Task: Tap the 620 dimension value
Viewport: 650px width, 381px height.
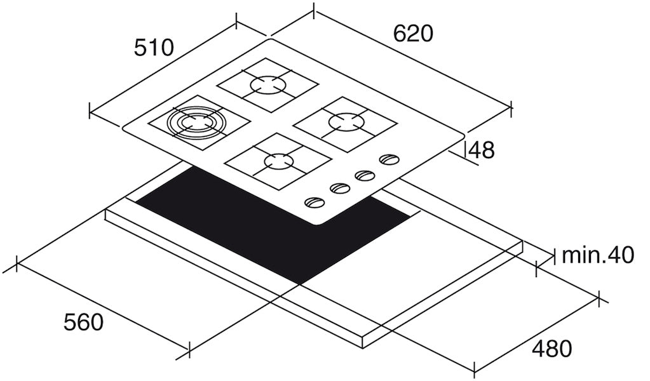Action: coord(413,33)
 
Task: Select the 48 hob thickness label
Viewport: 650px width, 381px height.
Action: coord(482,150)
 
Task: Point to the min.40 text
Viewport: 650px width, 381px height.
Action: coord(597,255)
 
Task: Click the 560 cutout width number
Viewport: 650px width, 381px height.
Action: coord(83,322)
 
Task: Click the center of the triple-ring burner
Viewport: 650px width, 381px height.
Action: coord(196,122)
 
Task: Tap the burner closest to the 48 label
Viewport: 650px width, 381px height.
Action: coord(346,121)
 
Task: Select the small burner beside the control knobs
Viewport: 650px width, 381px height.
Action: coord(278,161)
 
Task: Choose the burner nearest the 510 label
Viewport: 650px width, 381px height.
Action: coord(268,85)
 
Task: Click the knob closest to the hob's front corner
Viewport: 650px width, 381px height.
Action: coord(314,203)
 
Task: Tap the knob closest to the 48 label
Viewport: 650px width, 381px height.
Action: coord(389,159)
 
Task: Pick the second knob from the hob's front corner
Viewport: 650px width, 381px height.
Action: coord(339,189)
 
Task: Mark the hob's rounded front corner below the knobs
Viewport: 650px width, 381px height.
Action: coord(318,224)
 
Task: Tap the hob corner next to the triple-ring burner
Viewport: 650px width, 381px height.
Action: coord(123,126)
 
